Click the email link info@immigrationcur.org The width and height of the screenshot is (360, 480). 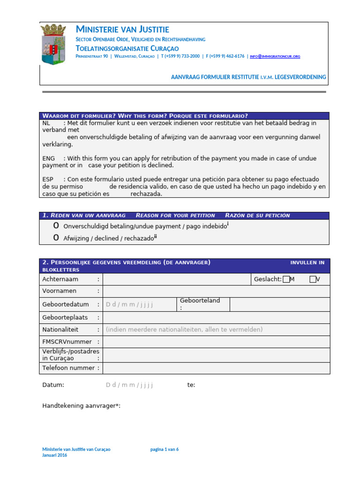275,56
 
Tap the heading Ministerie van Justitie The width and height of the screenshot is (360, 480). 122,30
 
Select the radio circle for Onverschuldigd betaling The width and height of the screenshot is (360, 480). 56,226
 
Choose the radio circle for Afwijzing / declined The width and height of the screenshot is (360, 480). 56,238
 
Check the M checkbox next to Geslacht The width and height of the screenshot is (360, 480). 286,279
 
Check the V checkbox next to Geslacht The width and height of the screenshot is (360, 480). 313,279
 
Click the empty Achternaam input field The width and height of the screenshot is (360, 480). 177,279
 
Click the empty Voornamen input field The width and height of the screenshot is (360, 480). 216,292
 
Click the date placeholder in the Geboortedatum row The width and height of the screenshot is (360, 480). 130,304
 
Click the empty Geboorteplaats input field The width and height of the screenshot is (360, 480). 216,317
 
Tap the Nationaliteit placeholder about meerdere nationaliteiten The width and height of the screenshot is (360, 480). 184,330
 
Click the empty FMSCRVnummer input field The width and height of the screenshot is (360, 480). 216,342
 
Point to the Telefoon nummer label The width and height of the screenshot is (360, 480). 71,368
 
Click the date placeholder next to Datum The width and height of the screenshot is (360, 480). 130,385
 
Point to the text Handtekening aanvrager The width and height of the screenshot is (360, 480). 81,405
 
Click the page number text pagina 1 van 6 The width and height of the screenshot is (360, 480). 164,449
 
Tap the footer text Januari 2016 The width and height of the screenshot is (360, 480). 55,455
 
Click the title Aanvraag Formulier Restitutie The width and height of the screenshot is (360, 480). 248,77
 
